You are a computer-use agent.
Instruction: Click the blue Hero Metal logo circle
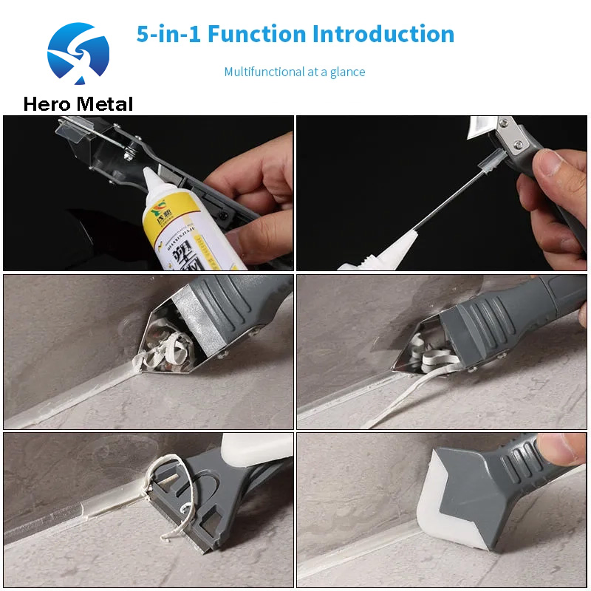(78, 53)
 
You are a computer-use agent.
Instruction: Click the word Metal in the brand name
(105, 104)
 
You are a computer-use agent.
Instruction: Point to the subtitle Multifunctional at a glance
(295, 72)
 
